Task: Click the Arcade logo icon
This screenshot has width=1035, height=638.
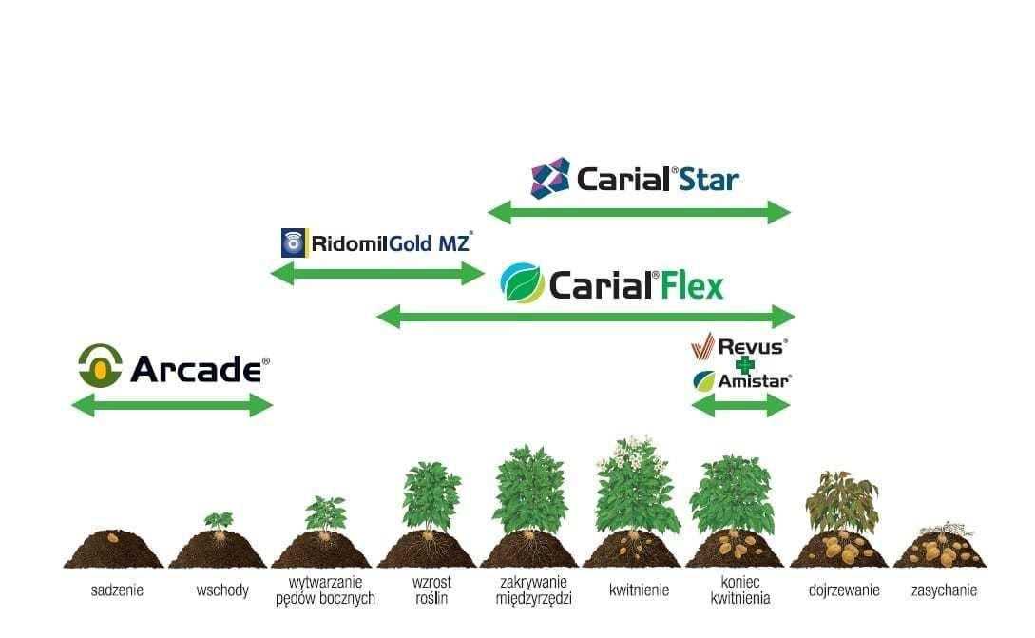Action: [x=100, y=366]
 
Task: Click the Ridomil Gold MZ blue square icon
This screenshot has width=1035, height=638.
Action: [x=295, y=242]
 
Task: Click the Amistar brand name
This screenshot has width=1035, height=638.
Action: [x=754, y=381]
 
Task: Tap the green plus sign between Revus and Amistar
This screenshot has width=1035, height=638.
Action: [x=744, y=364]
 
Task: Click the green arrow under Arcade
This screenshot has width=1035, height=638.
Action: [x=172, y=406]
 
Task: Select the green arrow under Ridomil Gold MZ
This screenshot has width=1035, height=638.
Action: [x=377, y=275]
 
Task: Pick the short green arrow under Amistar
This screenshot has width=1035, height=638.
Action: [x=740, y=406]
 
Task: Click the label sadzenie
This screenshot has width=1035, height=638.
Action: [x=117, y=590]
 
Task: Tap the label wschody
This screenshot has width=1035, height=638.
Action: [x=222, y=590]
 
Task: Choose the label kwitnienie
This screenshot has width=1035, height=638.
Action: [x=639, y=590]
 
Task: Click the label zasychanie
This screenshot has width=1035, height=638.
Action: [x=942, y=590]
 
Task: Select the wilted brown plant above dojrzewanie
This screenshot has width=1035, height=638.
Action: [x=840, y=499]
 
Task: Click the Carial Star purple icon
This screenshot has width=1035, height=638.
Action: [x=549, y=178]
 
